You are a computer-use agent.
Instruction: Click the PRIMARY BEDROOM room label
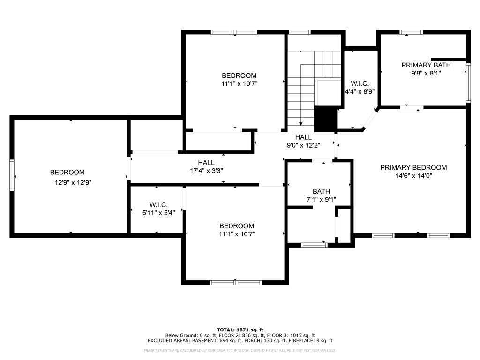pyautogui.click(x=413, y=167)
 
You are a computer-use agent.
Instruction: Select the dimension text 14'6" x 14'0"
pyautogui.click(x=413, y=177)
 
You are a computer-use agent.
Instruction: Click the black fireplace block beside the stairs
pyautogui.click(x=325, y=119)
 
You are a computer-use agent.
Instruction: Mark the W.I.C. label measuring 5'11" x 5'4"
pyautogui.click(x=158, y=205)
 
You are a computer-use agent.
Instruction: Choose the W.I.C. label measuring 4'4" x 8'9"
pyautogui.click(x=360, y=83)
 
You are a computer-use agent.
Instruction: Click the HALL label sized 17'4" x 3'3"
pyautogui.click(x=206, y=163)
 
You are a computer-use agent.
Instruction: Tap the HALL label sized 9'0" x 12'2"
pyautogui.click(x=303, y=137)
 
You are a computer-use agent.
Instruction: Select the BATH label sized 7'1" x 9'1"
pyautogui.click(x=321, y=191)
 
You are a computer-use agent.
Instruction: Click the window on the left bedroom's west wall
pyautogui.click(x=12, y=175)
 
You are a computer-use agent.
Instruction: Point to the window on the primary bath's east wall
pyautogui.click(x=467, y=83)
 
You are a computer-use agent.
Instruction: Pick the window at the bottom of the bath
pyautogui.click(x=314, y=244)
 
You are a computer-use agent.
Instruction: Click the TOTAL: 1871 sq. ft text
pyautogui.click(x=240, y=330)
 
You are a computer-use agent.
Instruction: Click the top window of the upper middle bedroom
pyautogui.click(x=234, y=32)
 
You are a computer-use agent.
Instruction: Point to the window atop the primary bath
pyautogui.click(x=411, y=32)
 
